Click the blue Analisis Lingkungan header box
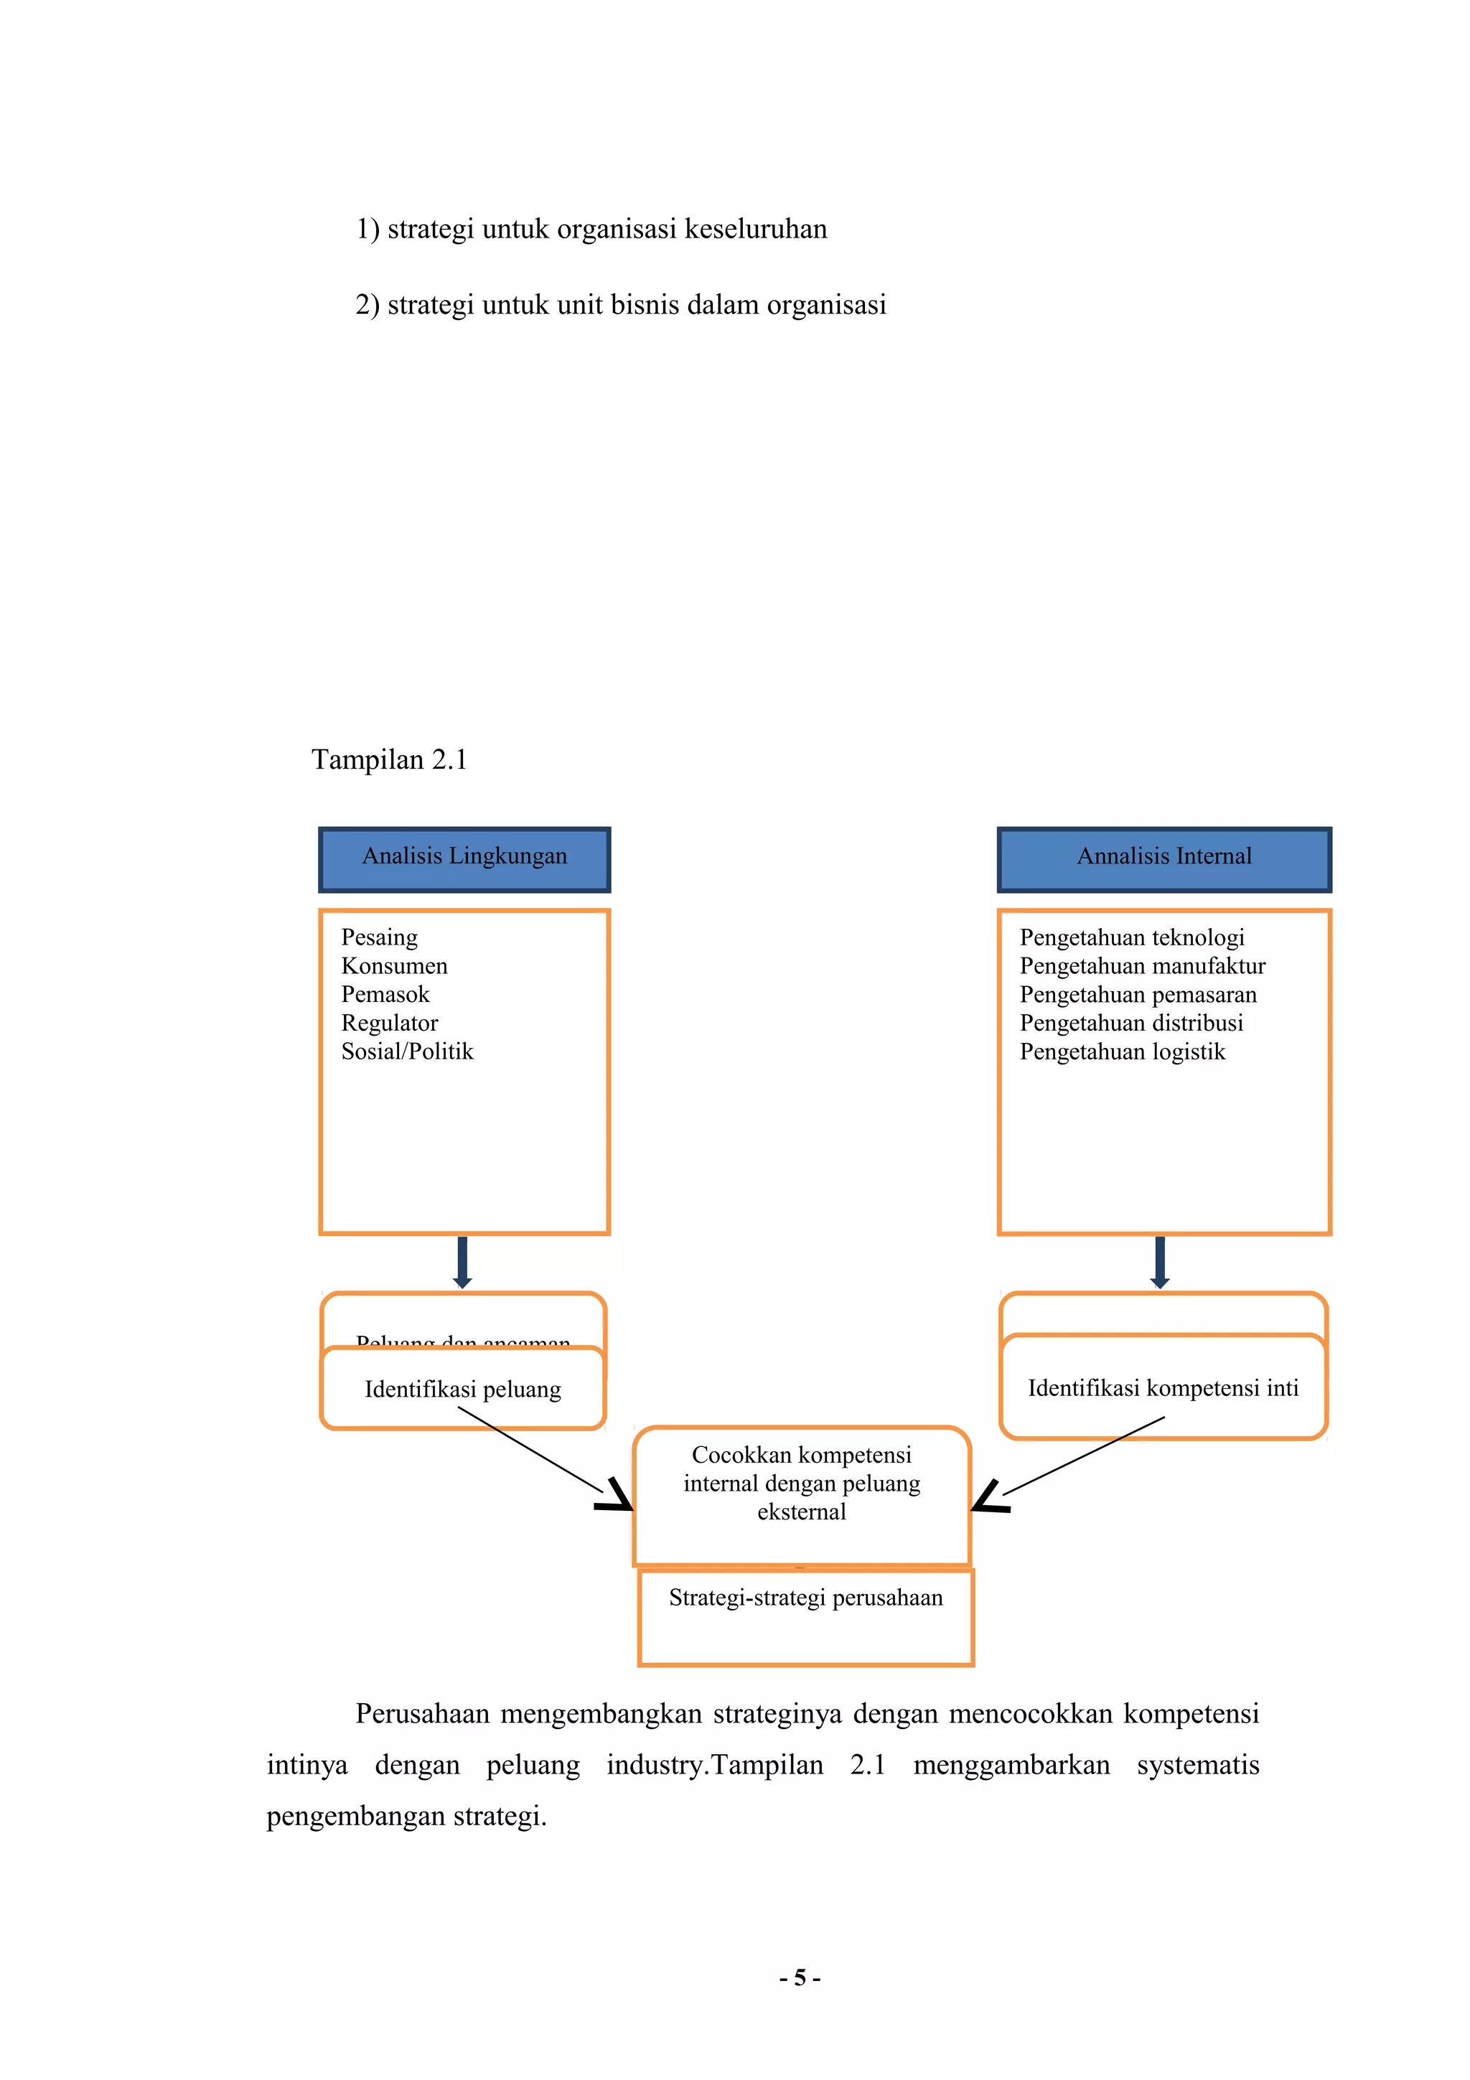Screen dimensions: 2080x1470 tap(464, 859)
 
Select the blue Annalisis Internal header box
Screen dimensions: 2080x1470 tap(1163, 859)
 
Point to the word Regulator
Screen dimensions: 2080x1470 tap(390, 1023)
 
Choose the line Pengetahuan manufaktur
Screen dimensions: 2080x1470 tap(1141, 967)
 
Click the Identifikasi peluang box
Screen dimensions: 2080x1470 tap(463, 1389)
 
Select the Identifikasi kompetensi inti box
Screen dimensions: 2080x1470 tap(1162, 1388)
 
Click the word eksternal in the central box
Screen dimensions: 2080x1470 tap(802, 1512)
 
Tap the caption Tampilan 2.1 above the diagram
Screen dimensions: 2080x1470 tap(390, 759)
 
